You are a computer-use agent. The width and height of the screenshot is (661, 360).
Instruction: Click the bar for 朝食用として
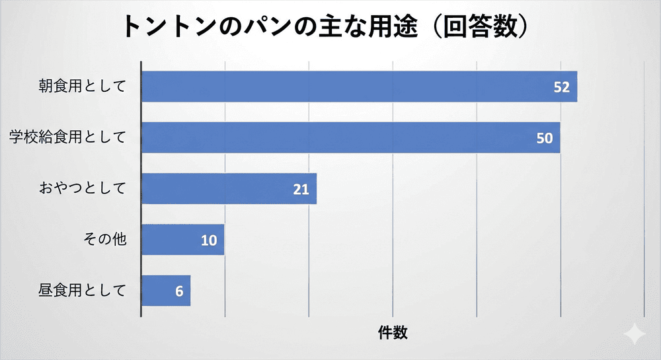tap(359, 87)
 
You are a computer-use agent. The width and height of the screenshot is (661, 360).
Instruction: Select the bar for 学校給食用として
tap(350, 137)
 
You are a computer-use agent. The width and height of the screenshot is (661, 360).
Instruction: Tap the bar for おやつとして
tap(229, 188)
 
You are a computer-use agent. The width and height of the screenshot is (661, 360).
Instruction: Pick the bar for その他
tap(182, 239)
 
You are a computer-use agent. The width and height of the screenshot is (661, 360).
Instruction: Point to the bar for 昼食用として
tap(166, 290)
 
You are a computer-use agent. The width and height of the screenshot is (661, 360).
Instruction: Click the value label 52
tap(562, 87)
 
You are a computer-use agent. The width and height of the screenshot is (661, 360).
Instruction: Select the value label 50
tap(545, 138)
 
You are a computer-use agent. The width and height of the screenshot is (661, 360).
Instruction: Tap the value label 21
tap(301, 189)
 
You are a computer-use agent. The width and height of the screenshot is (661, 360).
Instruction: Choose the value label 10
tap(209, 240)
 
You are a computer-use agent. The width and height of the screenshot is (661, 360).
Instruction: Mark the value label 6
tap(179, 291)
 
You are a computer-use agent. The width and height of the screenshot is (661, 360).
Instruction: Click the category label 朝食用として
tap(82, 87)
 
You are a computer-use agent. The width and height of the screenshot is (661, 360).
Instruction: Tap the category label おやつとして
tap(82, 188)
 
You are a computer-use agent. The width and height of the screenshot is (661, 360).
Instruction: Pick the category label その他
tap(104, 239)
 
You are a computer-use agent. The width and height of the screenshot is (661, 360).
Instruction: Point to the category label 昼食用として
tap(82, 290)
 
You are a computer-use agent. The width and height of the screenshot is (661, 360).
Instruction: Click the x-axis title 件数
tap(393, 332)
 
